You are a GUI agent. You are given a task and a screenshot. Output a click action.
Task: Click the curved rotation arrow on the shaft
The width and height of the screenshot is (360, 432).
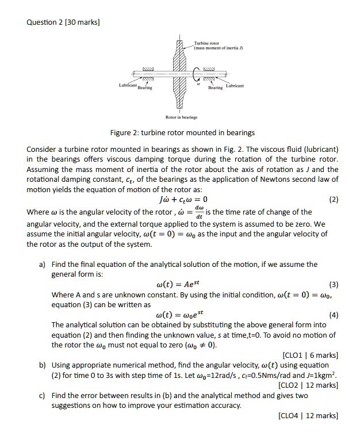click(x=197, y=74)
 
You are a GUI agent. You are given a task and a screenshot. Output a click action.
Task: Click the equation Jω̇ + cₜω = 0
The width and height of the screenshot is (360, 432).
click(x=180, y=200)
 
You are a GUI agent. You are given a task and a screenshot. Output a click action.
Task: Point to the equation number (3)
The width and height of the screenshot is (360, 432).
click(x=332, y=284)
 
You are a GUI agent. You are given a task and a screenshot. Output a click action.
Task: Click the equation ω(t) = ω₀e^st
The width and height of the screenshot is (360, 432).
click(x=181, y=315)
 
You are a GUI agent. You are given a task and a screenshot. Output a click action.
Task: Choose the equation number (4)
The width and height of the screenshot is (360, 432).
click(x=332, y=315)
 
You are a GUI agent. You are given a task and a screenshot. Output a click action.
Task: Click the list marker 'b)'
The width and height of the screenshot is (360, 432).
click(x=43, y=365)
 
